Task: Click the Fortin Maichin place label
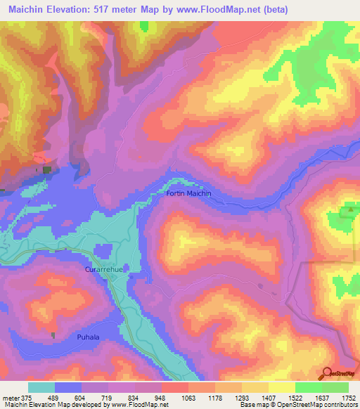pos(188,193)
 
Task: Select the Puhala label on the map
pos(89,337)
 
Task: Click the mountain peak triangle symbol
pos(349,209)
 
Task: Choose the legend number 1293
pos(243,397)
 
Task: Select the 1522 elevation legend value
pos(295,397)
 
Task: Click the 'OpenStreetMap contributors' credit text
pos(316,405)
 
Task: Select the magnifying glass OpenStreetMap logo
pos(327,374)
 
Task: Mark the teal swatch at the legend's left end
pos(41,387)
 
